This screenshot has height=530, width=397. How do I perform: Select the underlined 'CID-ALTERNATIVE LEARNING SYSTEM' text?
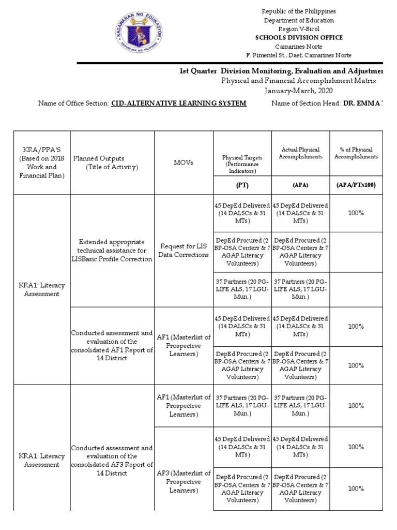pos(179,104)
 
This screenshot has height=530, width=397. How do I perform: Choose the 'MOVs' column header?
pos(184,163)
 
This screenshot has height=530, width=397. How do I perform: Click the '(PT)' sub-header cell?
pos(242,185)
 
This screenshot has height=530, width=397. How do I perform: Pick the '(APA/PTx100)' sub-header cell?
pos(356,185)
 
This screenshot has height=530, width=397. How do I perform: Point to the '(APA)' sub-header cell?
pos(300,185)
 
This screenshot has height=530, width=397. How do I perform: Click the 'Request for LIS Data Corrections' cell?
pos(184,251)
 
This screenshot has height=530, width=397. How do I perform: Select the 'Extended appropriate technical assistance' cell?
pos(112,251)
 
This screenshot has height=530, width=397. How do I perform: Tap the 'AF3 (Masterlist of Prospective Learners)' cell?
pos(184,481)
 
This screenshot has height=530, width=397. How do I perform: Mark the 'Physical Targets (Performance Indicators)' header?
pos(242,163)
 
